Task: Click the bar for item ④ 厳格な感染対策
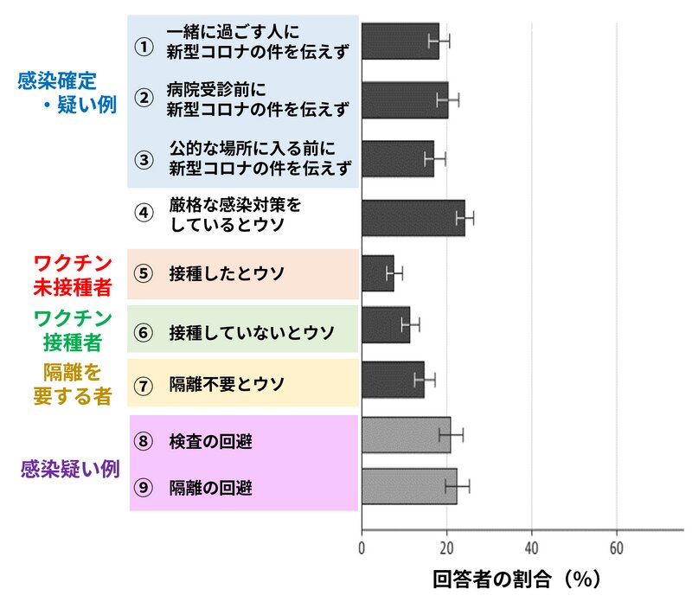click(x=413, y=218)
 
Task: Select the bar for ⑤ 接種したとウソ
click(x=377, y=273)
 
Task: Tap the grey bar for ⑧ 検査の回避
click(x=405, y=435)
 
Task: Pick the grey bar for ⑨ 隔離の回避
click(x=408, y=486)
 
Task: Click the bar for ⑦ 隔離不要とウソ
click(x=393, y=379)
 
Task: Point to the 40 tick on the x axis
click(x=531, y=548)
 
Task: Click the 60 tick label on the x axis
click(x=616, y=548)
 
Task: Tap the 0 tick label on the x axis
click(x=362, y=548)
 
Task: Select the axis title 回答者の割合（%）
click(x=516, y=578)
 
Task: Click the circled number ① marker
click(x=144, y=47)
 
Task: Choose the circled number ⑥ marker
click(x=144, y=331)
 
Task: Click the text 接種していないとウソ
click(x=252, y=332)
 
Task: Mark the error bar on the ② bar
click(x=448, y=99)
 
